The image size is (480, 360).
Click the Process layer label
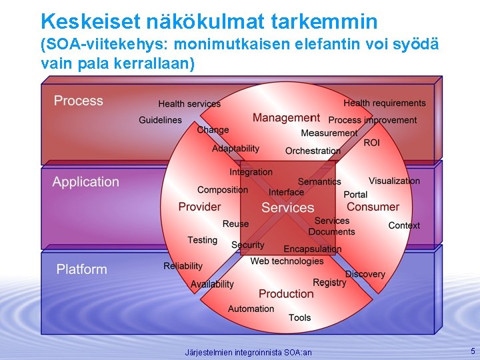[79, 101]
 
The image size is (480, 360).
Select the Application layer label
[86, 182]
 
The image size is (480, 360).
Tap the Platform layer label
[81, 269]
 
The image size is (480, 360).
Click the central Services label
[287, 207]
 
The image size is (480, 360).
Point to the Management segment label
[286, 118]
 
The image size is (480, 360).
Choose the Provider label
[199, 207]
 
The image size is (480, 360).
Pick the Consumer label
[373, 207]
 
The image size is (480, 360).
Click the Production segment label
[286, 294]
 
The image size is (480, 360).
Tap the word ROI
[371, 143]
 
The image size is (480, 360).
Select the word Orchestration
[313, 151]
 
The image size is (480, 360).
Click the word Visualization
[394, 181]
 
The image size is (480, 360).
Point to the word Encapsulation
[313, 249]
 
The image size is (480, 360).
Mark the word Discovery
[365, 274]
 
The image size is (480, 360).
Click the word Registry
[329, 283]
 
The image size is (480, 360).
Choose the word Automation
[251, 309]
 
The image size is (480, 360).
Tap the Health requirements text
[384, 103]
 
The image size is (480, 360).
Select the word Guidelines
[160, 120]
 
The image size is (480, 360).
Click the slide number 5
[473, 351]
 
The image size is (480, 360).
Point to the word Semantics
[319, 181]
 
